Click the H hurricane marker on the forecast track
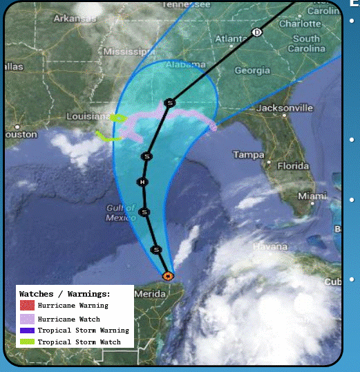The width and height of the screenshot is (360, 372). [142, 182]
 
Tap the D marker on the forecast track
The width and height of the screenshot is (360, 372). [257, 32]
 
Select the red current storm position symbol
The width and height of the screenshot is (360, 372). [167, 275]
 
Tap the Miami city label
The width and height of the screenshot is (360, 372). [312, 196]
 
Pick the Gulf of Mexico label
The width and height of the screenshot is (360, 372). [121, 213]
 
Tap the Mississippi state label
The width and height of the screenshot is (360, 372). [127, 52]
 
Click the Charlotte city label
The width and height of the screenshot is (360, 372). [301, 23]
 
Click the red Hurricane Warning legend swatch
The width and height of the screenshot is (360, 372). [27, 306]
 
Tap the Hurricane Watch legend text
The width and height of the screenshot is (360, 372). [68, 319]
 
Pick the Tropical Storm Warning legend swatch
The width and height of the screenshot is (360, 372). [27, 331]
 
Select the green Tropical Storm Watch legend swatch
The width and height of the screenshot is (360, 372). [27, 342]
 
